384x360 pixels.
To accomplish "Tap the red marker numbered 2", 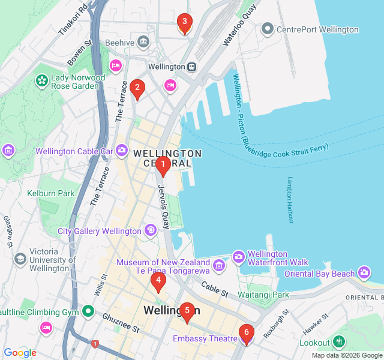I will pos(137,89).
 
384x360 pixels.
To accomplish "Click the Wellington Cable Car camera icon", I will pos(122,150).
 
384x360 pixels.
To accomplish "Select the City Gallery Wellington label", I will pos(99,231).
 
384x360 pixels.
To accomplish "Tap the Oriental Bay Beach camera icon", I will pos(364,273).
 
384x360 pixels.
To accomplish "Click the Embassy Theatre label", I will pos(205,339).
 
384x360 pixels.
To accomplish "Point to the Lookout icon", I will pos(340,342).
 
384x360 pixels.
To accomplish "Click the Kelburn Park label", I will pos(50,193).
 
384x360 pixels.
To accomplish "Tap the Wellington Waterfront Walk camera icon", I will pos(239,257).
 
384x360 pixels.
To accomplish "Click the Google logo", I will pos(20,353).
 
